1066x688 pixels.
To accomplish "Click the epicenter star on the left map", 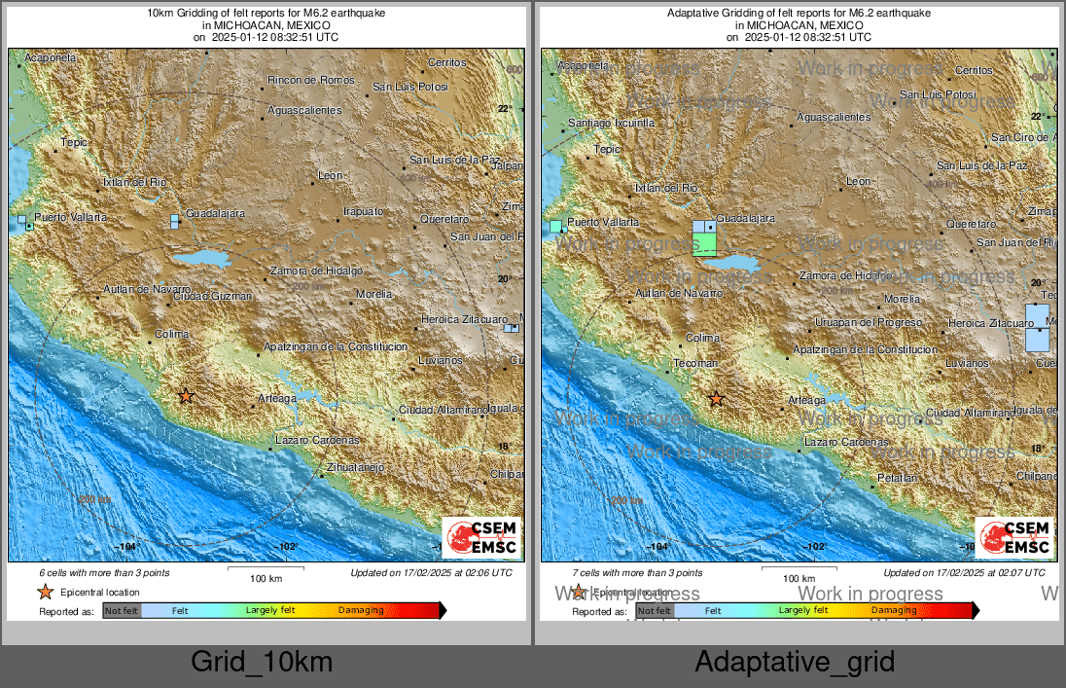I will (186, 396).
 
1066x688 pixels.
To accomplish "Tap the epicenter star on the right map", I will (717, 398).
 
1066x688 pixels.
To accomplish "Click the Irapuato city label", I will (363, 211).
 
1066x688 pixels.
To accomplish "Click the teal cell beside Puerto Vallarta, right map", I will (555, 226).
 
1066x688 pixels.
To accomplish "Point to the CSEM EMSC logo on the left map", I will (480, 538).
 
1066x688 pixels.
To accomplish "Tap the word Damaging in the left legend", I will (361, 611).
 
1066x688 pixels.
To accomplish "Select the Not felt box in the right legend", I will (654, 611).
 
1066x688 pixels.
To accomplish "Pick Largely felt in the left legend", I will (270, 611).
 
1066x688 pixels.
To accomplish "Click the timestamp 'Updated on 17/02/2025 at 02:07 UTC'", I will (964, 573).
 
